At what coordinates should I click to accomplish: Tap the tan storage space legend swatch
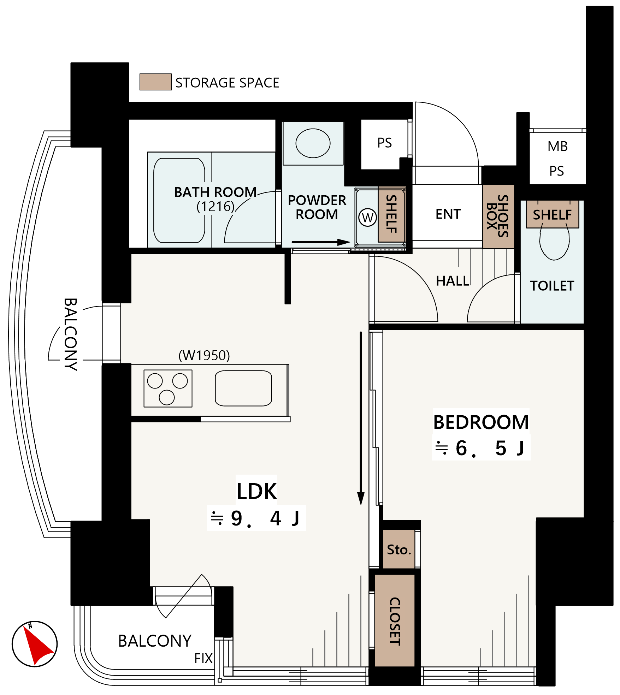155,82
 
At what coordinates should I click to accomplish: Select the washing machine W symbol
367,218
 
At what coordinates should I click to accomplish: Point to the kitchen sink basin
243,388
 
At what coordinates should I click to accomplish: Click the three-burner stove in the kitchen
168,388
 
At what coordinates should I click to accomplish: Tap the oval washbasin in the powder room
313,143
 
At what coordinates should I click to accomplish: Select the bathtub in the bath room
179,201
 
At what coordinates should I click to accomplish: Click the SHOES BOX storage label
498,216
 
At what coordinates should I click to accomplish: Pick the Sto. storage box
399,549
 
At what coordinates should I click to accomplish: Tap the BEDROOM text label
481,422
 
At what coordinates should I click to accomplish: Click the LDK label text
257,491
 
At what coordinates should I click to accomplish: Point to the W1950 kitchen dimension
204,355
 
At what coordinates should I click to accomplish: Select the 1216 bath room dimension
215,206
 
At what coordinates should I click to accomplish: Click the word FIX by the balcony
203,658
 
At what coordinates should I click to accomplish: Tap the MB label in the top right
558,146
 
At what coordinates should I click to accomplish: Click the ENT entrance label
448,214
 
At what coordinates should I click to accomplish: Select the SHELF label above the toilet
553,215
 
